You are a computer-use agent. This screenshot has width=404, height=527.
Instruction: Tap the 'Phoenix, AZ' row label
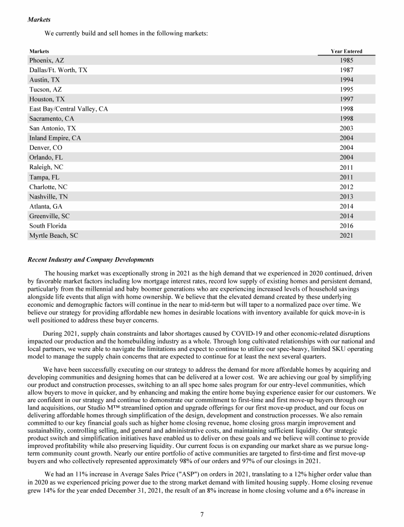coord(47,61)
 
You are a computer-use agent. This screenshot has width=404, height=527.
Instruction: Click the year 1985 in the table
coord(347,61)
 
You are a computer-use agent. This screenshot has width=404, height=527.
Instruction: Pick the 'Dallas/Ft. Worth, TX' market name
coord(58,70)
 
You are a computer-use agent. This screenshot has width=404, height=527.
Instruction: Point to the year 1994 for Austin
coord(347,80)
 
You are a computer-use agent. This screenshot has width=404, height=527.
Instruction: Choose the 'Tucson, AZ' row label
coord(46,90)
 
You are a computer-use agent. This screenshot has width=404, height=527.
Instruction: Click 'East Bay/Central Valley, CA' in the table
coord(68,109)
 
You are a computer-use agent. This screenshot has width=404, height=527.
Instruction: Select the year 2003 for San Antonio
coord(347,128)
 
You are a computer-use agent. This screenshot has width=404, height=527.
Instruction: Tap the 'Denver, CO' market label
coord(46,148)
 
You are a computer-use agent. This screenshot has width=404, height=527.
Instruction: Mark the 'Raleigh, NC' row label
coord(46,167)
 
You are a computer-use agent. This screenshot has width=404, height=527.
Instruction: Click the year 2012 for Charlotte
coord(347,187)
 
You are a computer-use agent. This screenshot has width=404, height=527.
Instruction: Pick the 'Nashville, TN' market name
coord(49,197)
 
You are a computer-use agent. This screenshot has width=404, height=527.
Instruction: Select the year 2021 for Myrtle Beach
coord(347,236)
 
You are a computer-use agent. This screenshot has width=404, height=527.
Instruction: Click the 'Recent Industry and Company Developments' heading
coord(90,260)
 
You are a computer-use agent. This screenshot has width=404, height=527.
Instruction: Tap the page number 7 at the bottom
coord(202,514)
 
